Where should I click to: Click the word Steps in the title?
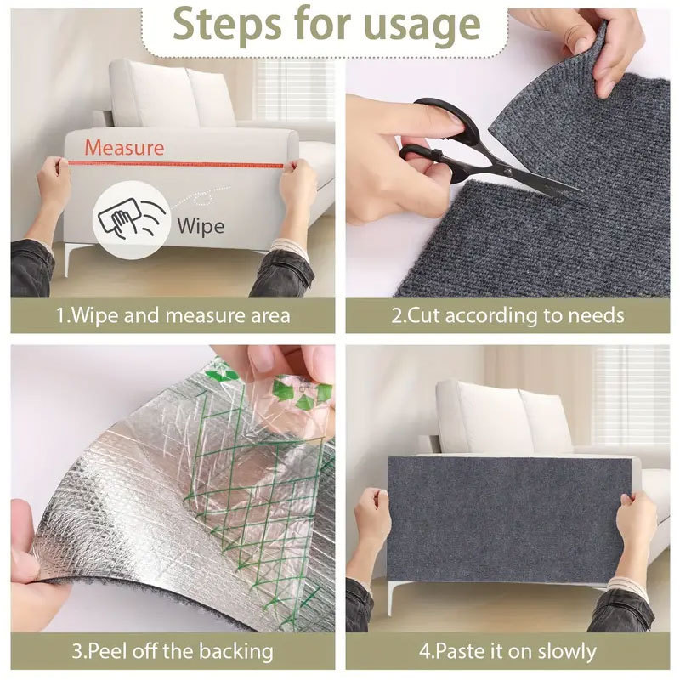[227, 25]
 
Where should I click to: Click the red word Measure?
[124, 147]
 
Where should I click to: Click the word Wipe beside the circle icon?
[201, 226]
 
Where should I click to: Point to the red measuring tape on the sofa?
[176, 164]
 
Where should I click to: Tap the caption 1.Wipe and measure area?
[173, 315]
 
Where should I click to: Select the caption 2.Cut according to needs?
[507, 315]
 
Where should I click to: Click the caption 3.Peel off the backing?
[173, 651]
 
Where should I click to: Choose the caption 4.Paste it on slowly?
[507, 651]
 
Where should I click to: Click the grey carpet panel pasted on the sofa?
[509, 520]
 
